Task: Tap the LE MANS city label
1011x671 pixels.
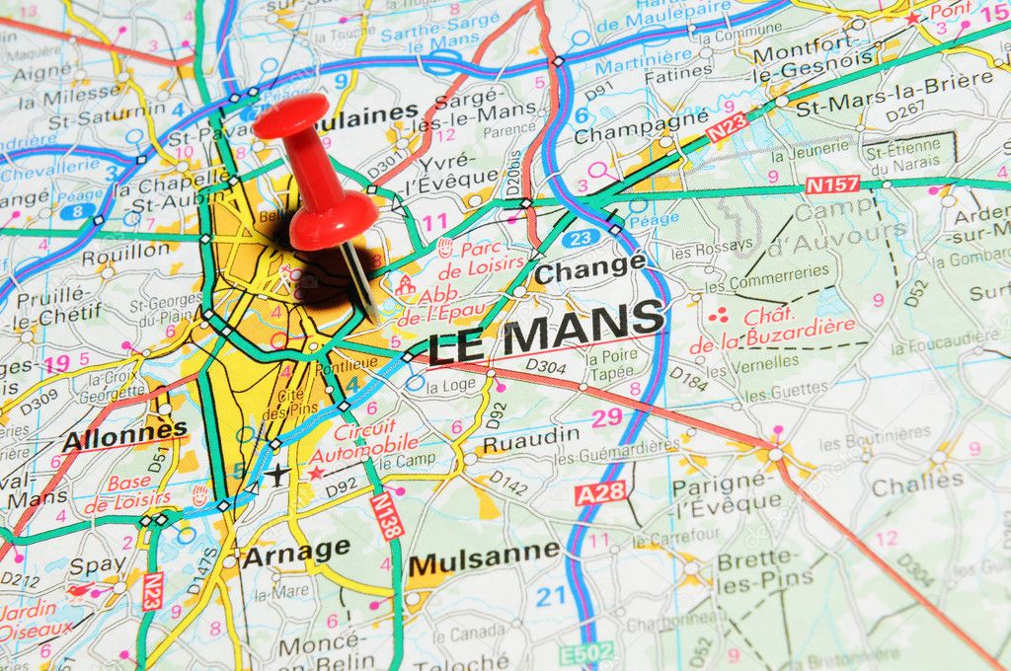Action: pyautogui.click(x=546, y=333)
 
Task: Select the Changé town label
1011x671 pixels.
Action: pyautogui.click(x=589, y=267)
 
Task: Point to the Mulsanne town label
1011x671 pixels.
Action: pyautogui.click(x=484, y=559)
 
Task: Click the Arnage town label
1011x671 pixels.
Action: pyautogui.click(x=296, y=552)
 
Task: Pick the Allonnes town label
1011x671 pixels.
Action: pyautogui.click(x=124, y=434)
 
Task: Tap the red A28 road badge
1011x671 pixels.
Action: pyautogui.click(x=599, y=492)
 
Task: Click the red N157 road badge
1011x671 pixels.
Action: pyautogui.click(x=831, y=184)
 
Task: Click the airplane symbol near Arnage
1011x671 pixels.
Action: pyautogui.click(x=277, y=475)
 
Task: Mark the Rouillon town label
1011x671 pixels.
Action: pyautogui.click(x=125, y=253)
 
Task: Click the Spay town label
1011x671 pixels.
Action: pyautogui.click(x=98, y=566)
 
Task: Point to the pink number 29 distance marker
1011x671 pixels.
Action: pyautogui.click(x=607, y=417)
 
